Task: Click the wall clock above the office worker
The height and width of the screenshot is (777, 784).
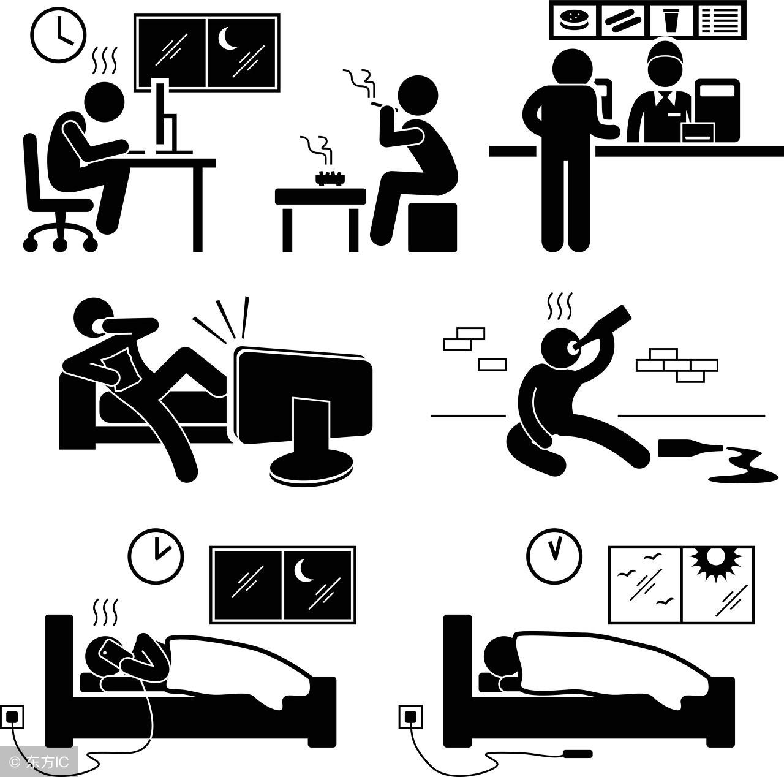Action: click(x=59, y=36)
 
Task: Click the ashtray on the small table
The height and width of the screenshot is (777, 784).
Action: click(x=330, y=179)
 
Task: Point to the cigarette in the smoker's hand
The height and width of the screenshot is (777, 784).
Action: click(x=382, y=105)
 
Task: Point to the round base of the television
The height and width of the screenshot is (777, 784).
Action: click(x=311, y=471)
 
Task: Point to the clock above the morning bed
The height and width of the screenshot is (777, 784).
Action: click(x=554, y=556)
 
